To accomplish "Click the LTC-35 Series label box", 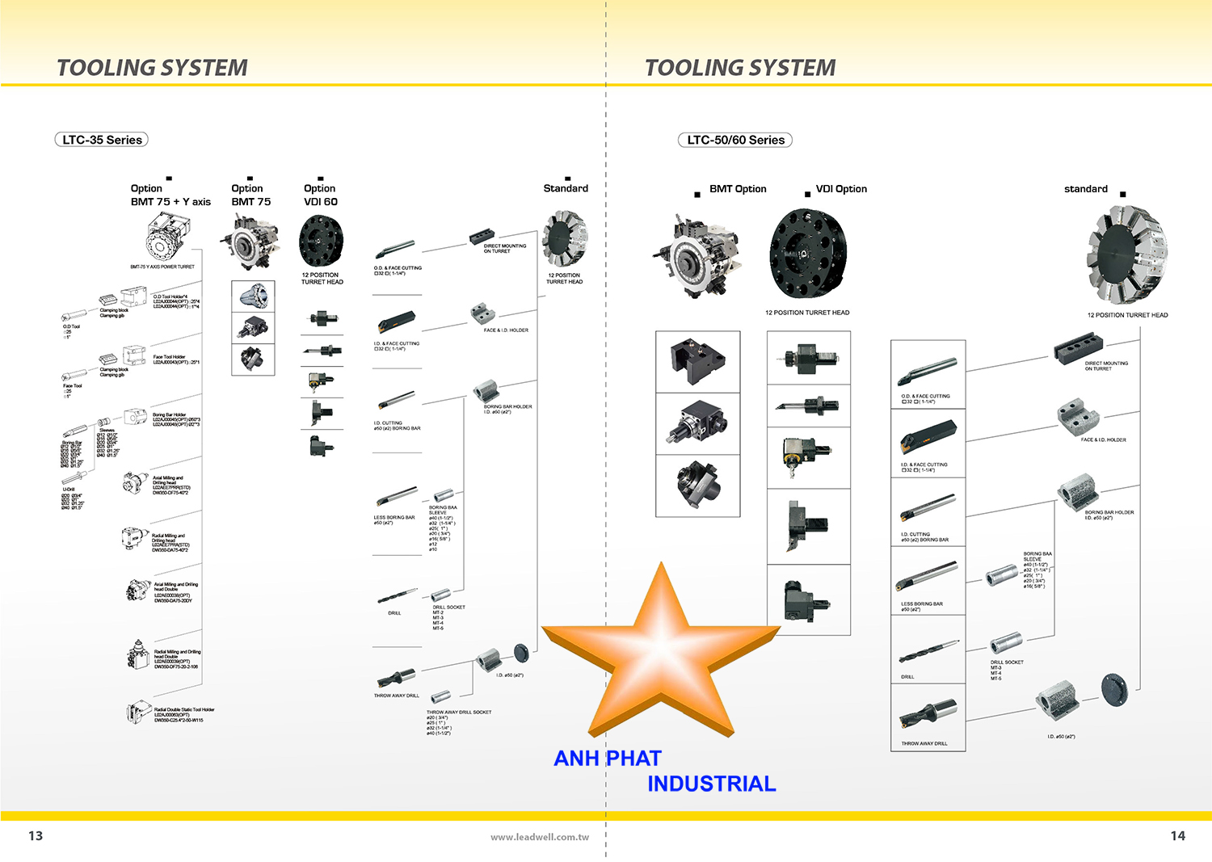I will [102, 140].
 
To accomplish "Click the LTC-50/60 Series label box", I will [735, 140].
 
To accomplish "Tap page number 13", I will [36, 835].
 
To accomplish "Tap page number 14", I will [1177, 835].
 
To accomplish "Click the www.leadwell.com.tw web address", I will [539, 837].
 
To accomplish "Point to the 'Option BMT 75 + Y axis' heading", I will [170, 195].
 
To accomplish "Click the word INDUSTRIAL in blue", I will [711, 784].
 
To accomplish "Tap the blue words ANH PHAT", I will [607, 759].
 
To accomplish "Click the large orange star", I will [661, 654].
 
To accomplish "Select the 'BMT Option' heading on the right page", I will [738, 189].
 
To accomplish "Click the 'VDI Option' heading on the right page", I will [841, 189].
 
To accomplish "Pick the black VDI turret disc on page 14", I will [807, 254].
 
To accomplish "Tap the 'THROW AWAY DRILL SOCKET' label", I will [459, 712].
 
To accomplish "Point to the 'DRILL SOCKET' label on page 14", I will [1007, 662].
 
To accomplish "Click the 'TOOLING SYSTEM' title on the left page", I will [152, 68].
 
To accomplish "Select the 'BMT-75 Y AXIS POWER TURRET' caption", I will [162, 267].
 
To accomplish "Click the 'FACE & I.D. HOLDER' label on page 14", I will [1103, 440].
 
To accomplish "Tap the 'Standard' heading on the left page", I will [566, 188].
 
